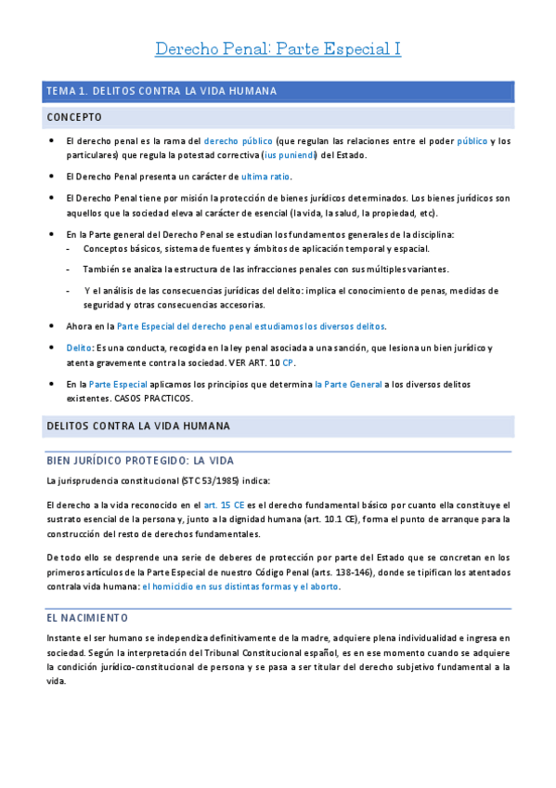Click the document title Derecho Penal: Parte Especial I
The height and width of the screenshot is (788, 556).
point(278,48)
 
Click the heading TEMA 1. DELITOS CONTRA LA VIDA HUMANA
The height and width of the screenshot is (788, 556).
point(161,91)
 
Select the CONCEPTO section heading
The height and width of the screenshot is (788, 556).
point(74,117)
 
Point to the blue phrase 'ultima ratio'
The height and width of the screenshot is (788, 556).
point(265,176)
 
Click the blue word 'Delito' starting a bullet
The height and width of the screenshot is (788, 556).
point(79,348)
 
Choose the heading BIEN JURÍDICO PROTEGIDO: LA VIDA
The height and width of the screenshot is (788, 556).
point(140,460)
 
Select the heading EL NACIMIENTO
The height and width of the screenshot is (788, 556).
point(87,617)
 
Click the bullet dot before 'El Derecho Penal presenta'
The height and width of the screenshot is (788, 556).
point(50,176)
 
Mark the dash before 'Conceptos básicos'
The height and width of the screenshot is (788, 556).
point(70,248)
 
